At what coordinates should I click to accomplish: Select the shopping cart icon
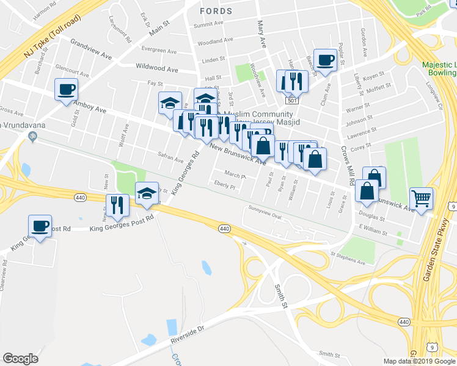point(422,198)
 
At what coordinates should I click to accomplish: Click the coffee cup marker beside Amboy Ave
point(67,90)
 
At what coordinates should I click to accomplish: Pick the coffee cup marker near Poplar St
point(325,60)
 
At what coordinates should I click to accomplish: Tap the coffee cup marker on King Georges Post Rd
point(40,226)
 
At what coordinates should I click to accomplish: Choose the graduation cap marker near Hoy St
point(147,194)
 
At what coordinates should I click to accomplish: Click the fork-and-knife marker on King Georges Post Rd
point(116,205)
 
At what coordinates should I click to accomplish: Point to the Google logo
point(20,359)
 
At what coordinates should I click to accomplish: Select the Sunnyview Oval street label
point(265,217)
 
